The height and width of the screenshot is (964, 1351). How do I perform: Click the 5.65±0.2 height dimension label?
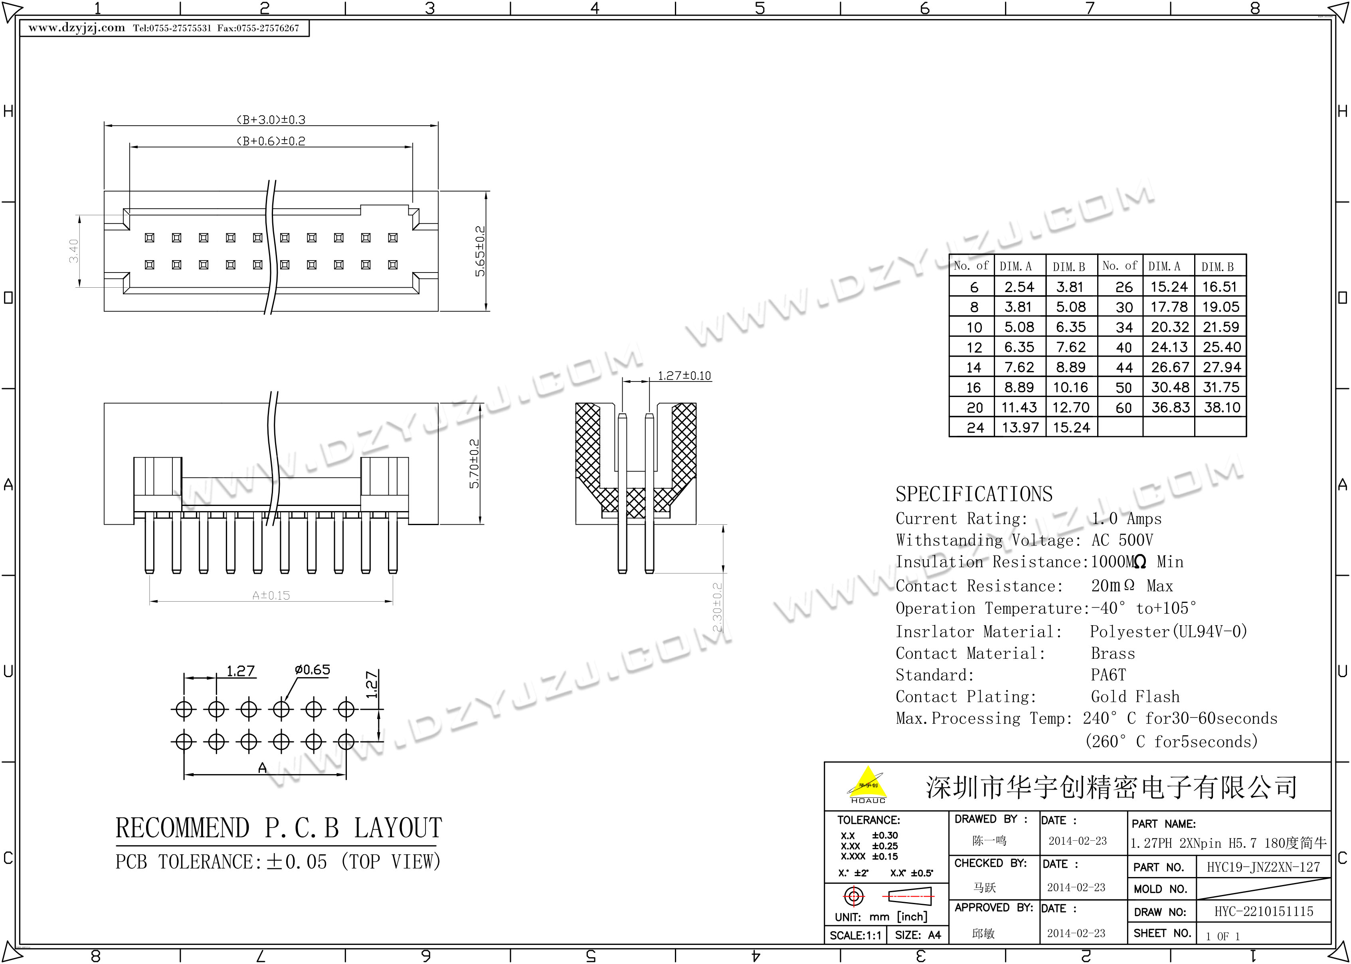point(480,251)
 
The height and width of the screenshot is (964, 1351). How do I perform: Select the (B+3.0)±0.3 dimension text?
point(271,119)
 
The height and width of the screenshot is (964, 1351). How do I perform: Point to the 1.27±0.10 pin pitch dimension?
point(684,376)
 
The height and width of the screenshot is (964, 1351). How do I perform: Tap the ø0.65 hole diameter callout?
point(312,670)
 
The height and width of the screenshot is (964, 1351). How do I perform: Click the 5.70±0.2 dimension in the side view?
point(474,464)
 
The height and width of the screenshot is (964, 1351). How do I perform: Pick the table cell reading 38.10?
point(1222,407)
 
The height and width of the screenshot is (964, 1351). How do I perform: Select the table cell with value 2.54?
point(1019,287)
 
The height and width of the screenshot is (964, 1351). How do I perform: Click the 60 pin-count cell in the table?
point(1123,408)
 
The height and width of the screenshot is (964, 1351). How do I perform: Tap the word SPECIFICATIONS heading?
point(974,494)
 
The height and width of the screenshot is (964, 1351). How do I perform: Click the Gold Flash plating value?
point(1135,696)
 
